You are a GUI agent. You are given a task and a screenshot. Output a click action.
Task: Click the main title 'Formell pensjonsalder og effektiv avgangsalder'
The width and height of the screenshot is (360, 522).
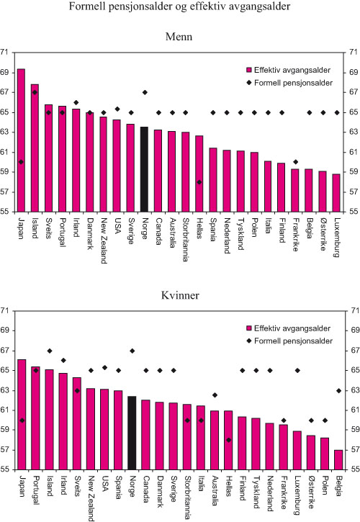point(179,7)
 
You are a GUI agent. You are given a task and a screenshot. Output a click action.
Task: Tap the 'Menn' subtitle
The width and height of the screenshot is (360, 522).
point(179,35)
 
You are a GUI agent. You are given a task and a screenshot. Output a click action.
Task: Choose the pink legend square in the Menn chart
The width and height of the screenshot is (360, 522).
point(249,71)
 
